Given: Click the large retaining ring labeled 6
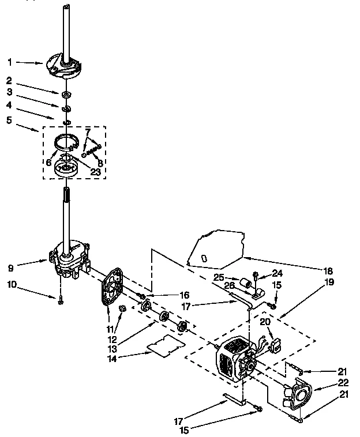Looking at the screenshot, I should [67, 141].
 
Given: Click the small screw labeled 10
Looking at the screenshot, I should [60, 298].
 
